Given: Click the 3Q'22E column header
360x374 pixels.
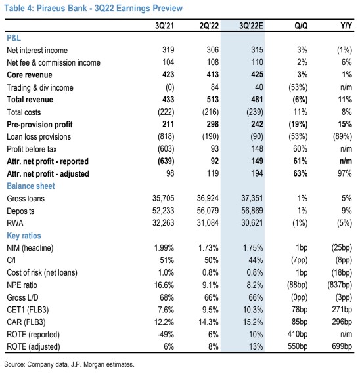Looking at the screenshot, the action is [x=251, y=26].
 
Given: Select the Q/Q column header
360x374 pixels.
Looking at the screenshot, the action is [x=301, y=26].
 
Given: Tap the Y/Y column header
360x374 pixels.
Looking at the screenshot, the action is [x=346, y=26].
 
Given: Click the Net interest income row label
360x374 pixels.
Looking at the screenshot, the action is [x=37, y=51].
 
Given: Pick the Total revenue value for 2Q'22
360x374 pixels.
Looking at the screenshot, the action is [x=213, y=100].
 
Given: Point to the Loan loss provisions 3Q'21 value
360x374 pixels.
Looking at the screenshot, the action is [x=166, y=136].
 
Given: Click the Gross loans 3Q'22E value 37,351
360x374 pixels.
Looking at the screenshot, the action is [x=252, y=198].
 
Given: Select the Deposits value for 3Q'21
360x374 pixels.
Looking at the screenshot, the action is [x=164, y=211].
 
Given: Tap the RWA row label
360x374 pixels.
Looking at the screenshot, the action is [x=15, y=223].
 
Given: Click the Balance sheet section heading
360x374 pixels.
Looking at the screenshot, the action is [x=31, y=186].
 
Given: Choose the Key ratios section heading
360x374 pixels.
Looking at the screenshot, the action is [x=24, y=236].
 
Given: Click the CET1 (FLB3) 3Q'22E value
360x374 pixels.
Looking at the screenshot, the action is [x=253, y=310].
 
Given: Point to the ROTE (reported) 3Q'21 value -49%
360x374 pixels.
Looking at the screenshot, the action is [x=166, y=335].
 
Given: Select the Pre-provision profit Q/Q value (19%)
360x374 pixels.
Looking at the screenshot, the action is [x=300, y=124].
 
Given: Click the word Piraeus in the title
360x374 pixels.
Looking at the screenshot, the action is [x=49, y=8].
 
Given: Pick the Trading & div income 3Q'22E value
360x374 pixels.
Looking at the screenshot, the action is [x=259, y=87].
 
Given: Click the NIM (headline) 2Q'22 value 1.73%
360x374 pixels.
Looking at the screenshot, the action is [x=208, y=248].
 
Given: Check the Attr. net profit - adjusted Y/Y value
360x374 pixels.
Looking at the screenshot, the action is [x=345, y=174].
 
